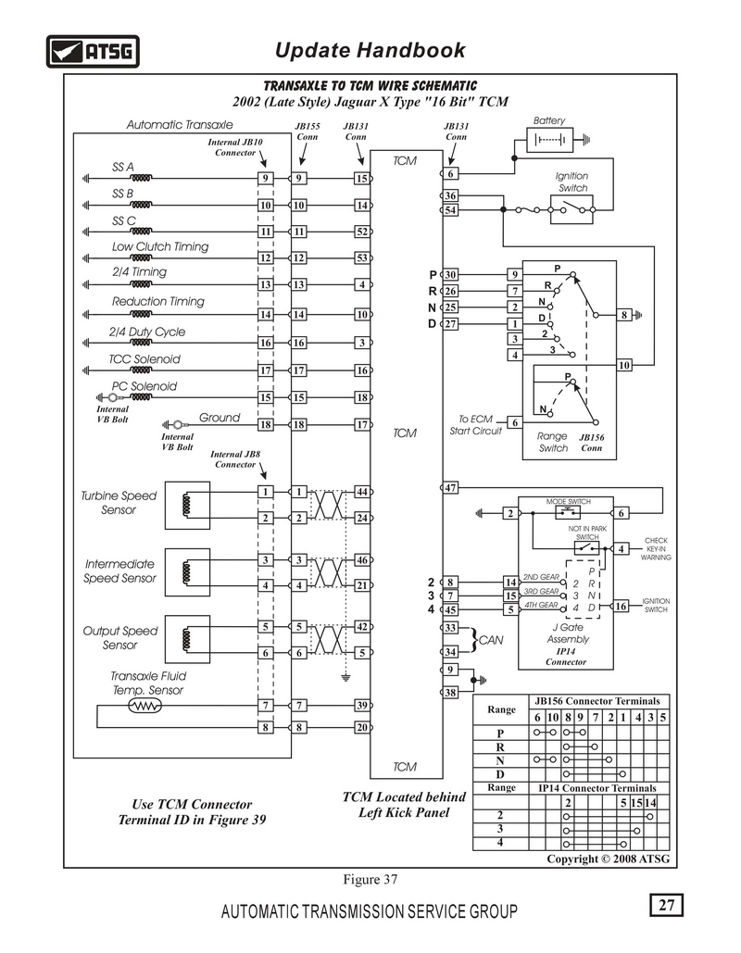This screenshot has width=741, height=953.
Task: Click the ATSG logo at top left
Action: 93,51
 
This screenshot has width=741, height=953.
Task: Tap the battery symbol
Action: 549,141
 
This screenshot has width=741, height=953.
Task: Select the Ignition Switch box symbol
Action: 571,209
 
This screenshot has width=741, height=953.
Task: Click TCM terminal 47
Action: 450,487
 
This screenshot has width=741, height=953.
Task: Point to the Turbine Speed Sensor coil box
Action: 187,505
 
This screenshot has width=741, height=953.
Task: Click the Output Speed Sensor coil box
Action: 187,639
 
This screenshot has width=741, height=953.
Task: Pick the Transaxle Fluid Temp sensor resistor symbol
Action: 145,706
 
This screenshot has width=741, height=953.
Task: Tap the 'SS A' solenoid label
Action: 123,167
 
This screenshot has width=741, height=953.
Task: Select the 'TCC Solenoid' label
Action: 144,359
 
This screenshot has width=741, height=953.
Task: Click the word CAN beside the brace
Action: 491,640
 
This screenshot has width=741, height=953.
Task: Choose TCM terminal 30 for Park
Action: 450,275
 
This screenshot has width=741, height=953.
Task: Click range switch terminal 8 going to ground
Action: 624,315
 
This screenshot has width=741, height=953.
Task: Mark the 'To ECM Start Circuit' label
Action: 476,425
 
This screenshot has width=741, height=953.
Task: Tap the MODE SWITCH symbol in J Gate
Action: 568,512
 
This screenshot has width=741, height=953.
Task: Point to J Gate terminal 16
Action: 621,606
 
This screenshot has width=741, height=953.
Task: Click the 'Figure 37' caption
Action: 370,880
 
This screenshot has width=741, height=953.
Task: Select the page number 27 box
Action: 666,905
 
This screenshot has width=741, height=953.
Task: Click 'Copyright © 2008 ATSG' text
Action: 608,859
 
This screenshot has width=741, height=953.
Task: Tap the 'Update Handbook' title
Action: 370,50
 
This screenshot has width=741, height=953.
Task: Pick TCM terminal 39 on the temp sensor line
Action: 362,705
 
